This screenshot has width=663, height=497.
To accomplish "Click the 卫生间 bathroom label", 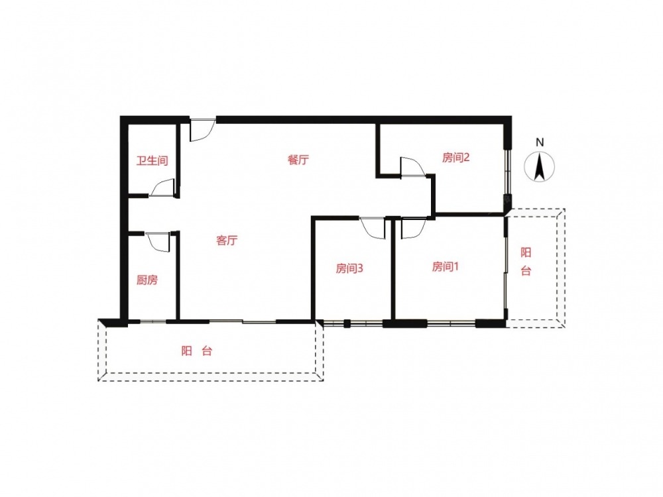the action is pos(152,160).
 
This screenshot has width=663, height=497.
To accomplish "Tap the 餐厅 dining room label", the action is pos(298,160).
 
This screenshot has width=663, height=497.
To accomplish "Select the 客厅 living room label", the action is pos(227,241).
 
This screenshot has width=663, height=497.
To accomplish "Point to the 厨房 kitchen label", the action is pos(147,280).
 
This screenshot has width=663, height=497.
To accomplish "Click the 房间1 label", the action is pos(446,266).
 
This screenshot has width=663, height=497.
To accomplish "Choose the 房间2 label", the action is pos(456,158).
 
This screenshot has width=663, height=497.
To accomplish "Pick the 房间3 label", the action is pos(349,268).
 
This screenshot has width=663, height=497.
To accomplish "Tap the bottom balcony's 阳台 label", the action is pos(197,351).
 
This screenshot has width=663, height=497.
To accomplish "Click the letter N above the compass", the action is pos(540,143).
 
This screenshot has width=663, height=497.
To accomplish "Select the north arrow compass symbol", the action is pos(540,168).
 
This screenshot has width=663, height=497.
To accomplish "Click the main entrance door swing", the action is pos(202,130).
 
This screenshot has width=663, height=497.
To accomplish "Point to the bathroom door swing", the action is pos(162,188).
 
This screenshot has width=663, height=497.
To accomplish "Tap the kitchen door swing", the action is pos(158,242).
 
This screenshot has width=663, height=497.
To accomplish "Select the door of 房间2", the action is pos(412,166).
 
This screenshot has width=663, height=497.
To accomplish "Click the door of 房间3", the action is pos(373,228).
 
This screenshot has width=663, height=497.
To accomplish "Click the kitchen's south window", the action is pos(153,322).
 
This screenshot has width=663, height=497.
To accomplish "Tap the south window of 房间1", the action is pos(451,324).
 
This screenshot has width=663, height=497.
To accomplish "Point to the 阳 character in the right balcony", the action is pos(526,252).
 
